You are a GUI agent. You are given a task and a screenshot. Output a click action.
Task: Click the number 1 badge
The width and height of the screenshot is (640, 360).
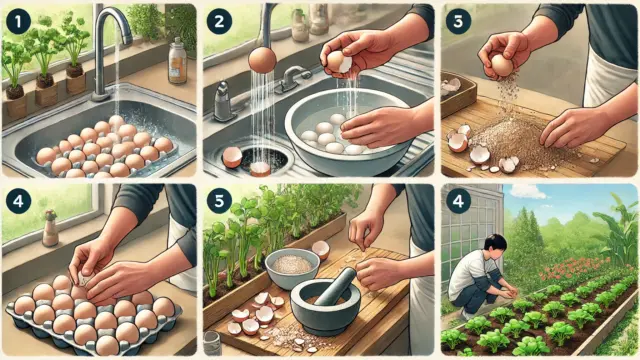click(x=18, y=21)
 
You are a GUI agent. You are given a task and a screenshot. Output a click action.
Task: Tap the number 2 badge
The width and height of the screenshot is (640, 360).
click(x=219, y=21)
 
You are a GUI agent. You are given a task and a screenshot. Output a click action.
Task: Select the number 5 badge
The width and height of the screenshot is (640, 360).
click(x=219, y=201)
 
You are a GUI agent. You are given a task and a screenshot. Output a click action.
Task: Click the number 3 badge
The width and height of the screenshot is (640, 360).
click(x=458, y=21)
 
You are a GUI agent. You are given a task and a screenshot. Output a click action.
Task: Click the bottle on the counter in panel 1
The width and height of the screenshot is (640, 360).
click(x=177, y=61)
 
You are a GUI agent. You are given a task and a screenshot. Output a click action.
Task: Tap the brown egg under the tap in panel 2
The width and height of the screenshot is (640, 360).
click(x=262, y=60)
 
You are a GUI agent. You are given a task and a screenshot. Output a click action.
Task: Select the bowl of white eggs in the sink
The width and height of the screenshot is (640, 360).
click(x=347, y=131)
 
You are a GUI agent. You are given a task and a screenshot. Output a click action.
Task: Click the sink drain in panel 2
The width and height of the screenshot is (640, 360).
click(x=265, y=160)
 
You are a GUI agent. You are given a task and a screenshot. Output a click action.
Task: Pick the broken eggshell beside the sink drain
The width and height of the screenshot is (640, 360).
click(x=232, y=157)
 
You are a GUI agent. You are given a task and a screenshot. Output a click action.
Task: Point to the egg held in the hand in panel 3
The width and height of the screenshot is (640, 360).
click(x=502, y=65)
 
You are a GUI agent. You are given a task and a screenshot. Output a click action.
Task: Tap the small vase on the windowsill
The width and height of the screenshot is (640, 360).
click(x=50, y=228)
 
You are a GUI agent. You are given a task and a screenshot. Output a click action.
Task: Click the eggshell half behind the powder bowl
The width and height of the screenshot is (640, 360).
click(x=321, y=250)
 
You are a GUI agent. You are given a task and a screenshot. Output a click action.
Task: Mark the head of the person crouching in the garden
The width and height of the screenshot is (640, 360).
click(x=495, y=245)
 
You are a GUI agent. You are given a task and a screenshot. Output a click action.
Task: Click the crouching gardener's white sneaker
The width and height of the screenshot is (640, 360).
click(x=466, y=315)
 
